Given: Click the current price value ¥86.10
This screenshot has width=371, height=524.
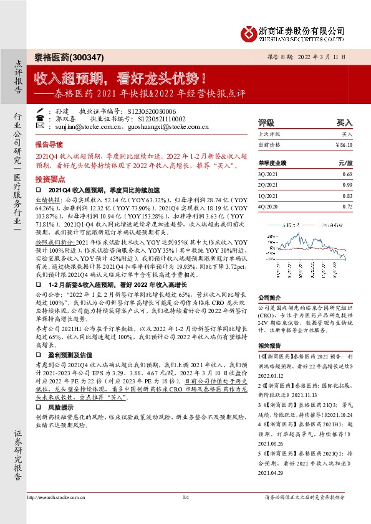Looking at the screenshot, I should coord(343,144).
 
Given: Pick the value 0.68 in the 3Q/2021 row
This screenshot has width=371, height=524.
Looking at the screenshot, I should coord(347,174).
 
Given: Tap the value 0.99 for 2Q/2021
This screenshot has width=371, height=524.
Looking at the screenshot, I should coord(347,185).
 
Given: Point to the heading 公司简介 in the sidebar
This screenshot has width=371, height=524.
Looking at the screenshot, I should coord(270,297).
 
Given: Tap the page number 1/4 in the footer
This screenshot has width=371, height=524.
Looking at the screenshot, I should coord(185,497).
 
